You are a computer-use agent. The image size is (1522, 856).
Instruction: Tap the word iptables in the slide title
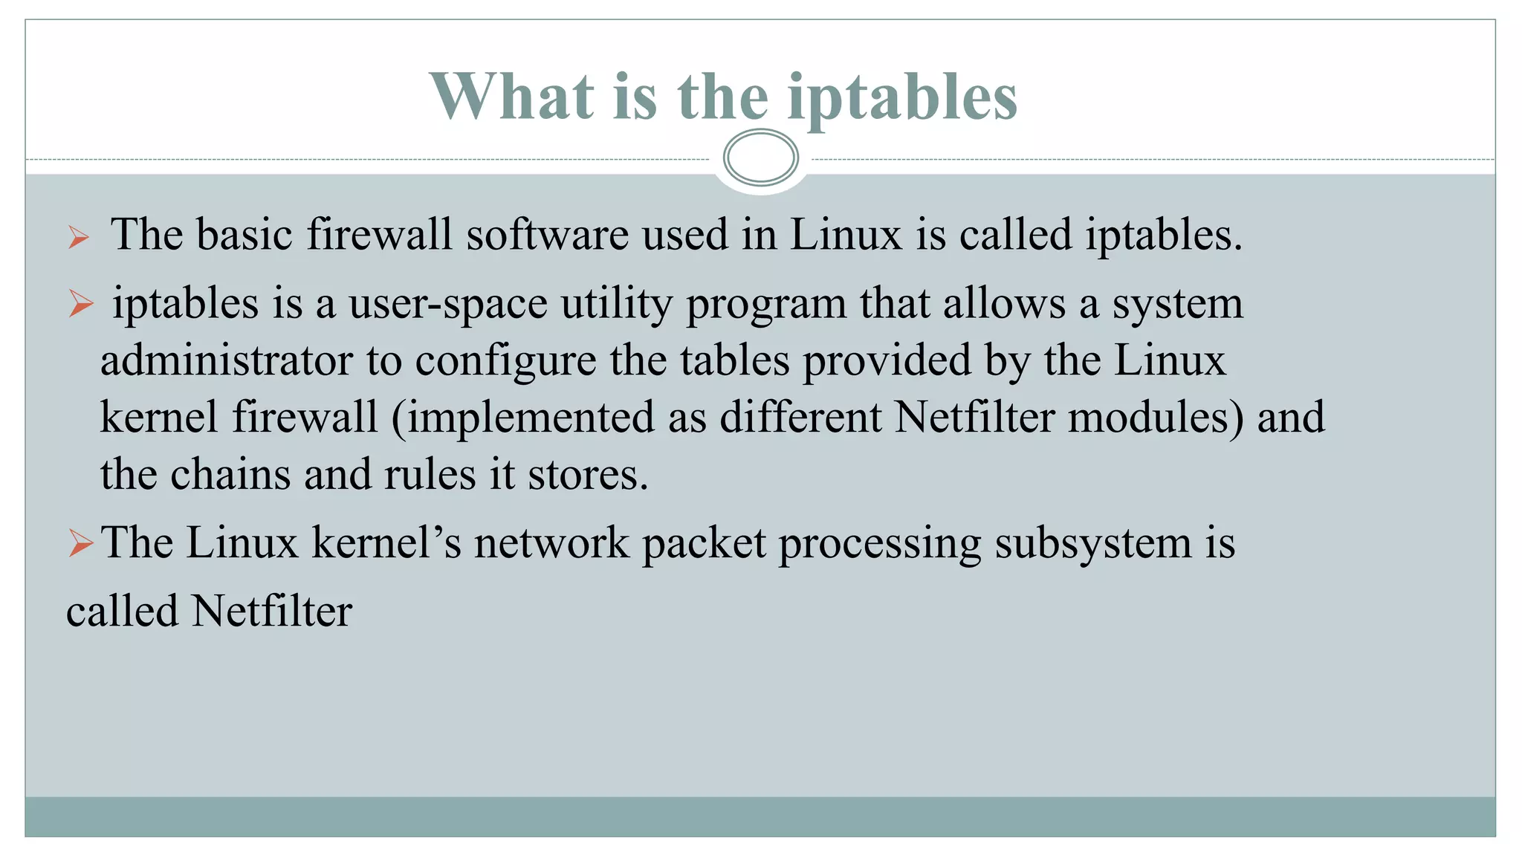[902, 97]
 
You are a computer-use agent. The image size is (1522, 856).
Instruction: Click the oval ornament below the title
[760, 158]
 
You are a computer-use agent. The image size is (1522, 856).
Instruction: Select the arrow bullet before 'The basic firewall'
[78, 238]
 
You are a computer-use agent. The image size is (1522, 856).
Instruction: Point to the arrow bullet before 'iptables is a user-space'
[80, 304]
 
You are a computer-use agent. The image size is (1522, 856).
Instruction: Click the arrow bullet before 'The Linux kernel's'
[80, 543]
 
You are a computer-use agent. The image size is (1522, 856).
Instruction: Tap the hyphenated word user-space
[448, 304]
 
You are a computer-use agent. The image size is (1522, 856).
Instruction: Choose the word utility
[616, 304]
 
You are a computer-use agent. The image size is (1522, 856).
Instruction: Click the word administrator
[227, 360]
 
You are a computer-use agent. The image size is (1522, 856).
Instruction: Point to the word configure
[505, 362]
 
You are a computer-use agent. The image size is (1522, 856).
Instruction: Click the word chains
[230, 474]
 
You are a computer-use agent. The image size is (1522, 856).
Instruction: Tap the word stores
[587, 475]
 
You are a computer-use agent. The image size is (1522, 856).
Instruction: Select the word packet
[704, 543]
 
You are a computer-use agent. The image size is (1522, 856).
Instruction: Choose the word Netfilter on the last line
[271, 612]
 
